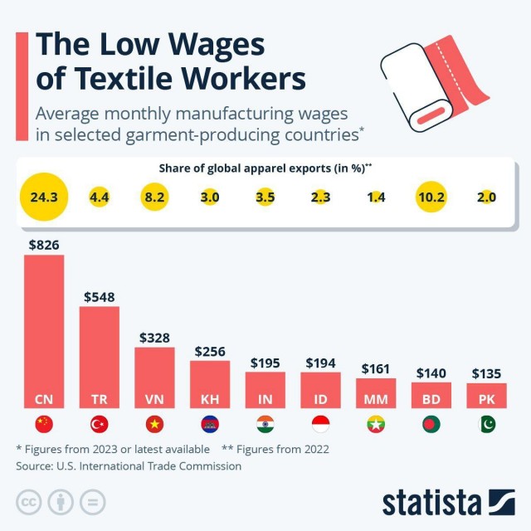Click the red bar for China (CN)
click(44, 332)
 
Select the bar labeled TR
click(100, 357)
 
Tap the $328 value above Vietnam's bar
click(154, 338)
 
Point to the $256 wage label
click(210, 351)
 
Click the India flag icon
click(265, 424)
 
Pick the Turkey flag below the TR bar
click(100, 424)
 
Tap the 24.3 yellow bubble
click(44, 197)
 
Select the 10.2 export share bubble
click(431, 197)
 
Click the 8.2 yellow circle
click(154, 197)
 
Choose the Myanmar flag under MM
click(376, 424)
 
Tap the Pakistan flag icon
click(486, 424)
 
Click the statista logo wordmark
click(431, 502)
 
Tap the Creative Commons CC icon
click(28, 502)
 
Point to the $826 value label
click(44, 245)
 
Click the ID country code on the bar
click(320, 399)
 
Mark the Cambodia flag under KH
click(210, 424)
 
